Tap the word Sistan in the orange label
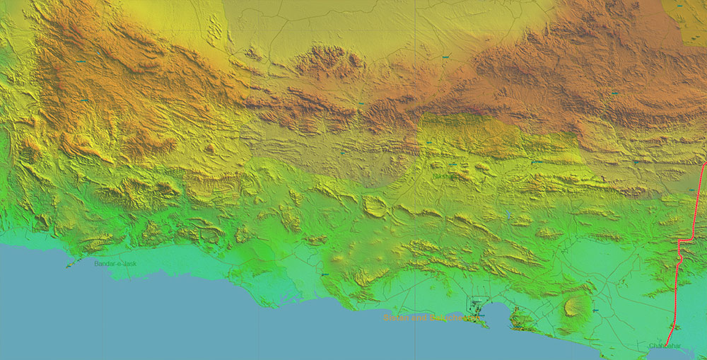pyautogui.click(x=395, y=318)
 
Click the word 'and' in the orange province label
pyautogui.click(x=416, y=318)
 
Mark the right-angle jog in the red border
pyautogui.click(x=679, y=242)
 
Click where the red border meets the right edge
pyautogui.click(x=705, y=164)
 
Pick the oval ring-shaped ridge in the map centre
pyautogui.click(x=375, y=206)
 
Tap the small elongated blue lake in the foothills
pyautogui.click(x=508, y=213)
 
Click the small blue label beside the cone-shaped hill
pyautogui.click(x=596, y=310)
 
